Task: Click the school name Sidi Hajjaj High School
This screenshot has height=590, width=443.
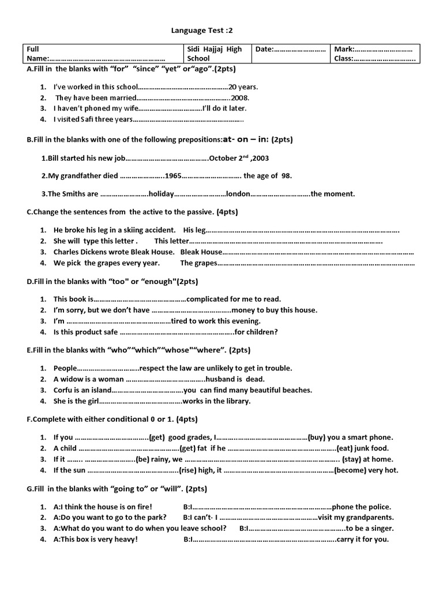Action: pyautogui.click(x=214, y=54)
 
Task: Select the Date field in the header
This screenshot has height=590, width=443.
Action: pyautogui.click(x=291, y=50)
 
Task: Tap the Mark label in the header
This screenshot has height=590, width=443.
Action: pyautogui.click(x=344, y=50)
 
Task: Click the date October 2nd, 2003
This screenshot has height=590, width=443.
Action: pyautogui.click(x=239, y=158)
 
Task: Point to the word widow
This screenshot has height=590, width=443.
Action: pyautogui.click(x=75, y=379)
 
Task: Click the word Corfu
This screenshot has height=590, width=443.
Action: pyautogui.click(x=64, y=390)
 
